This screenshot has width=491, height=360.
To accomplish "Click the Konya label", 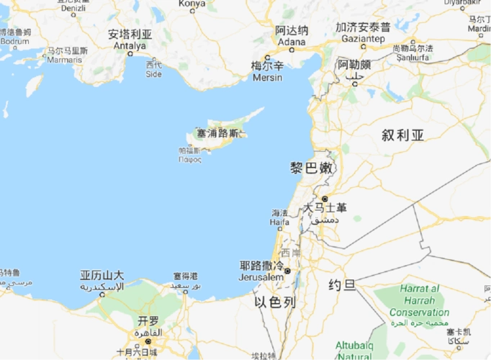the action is coord(192,4).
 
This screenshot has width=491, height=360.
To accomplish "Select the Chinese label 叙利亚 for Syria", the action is coord(404,135).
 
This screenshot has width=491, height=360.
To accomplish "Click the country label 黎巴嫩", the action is coord(312,168).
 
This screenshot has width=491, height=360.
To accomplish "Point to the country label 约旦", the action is coord(342,285).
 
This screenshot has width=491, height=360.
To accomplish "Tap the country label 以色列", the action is coord(275,302).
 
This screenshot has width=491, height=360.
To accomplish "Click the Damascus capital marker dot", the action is coord(325,198).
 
